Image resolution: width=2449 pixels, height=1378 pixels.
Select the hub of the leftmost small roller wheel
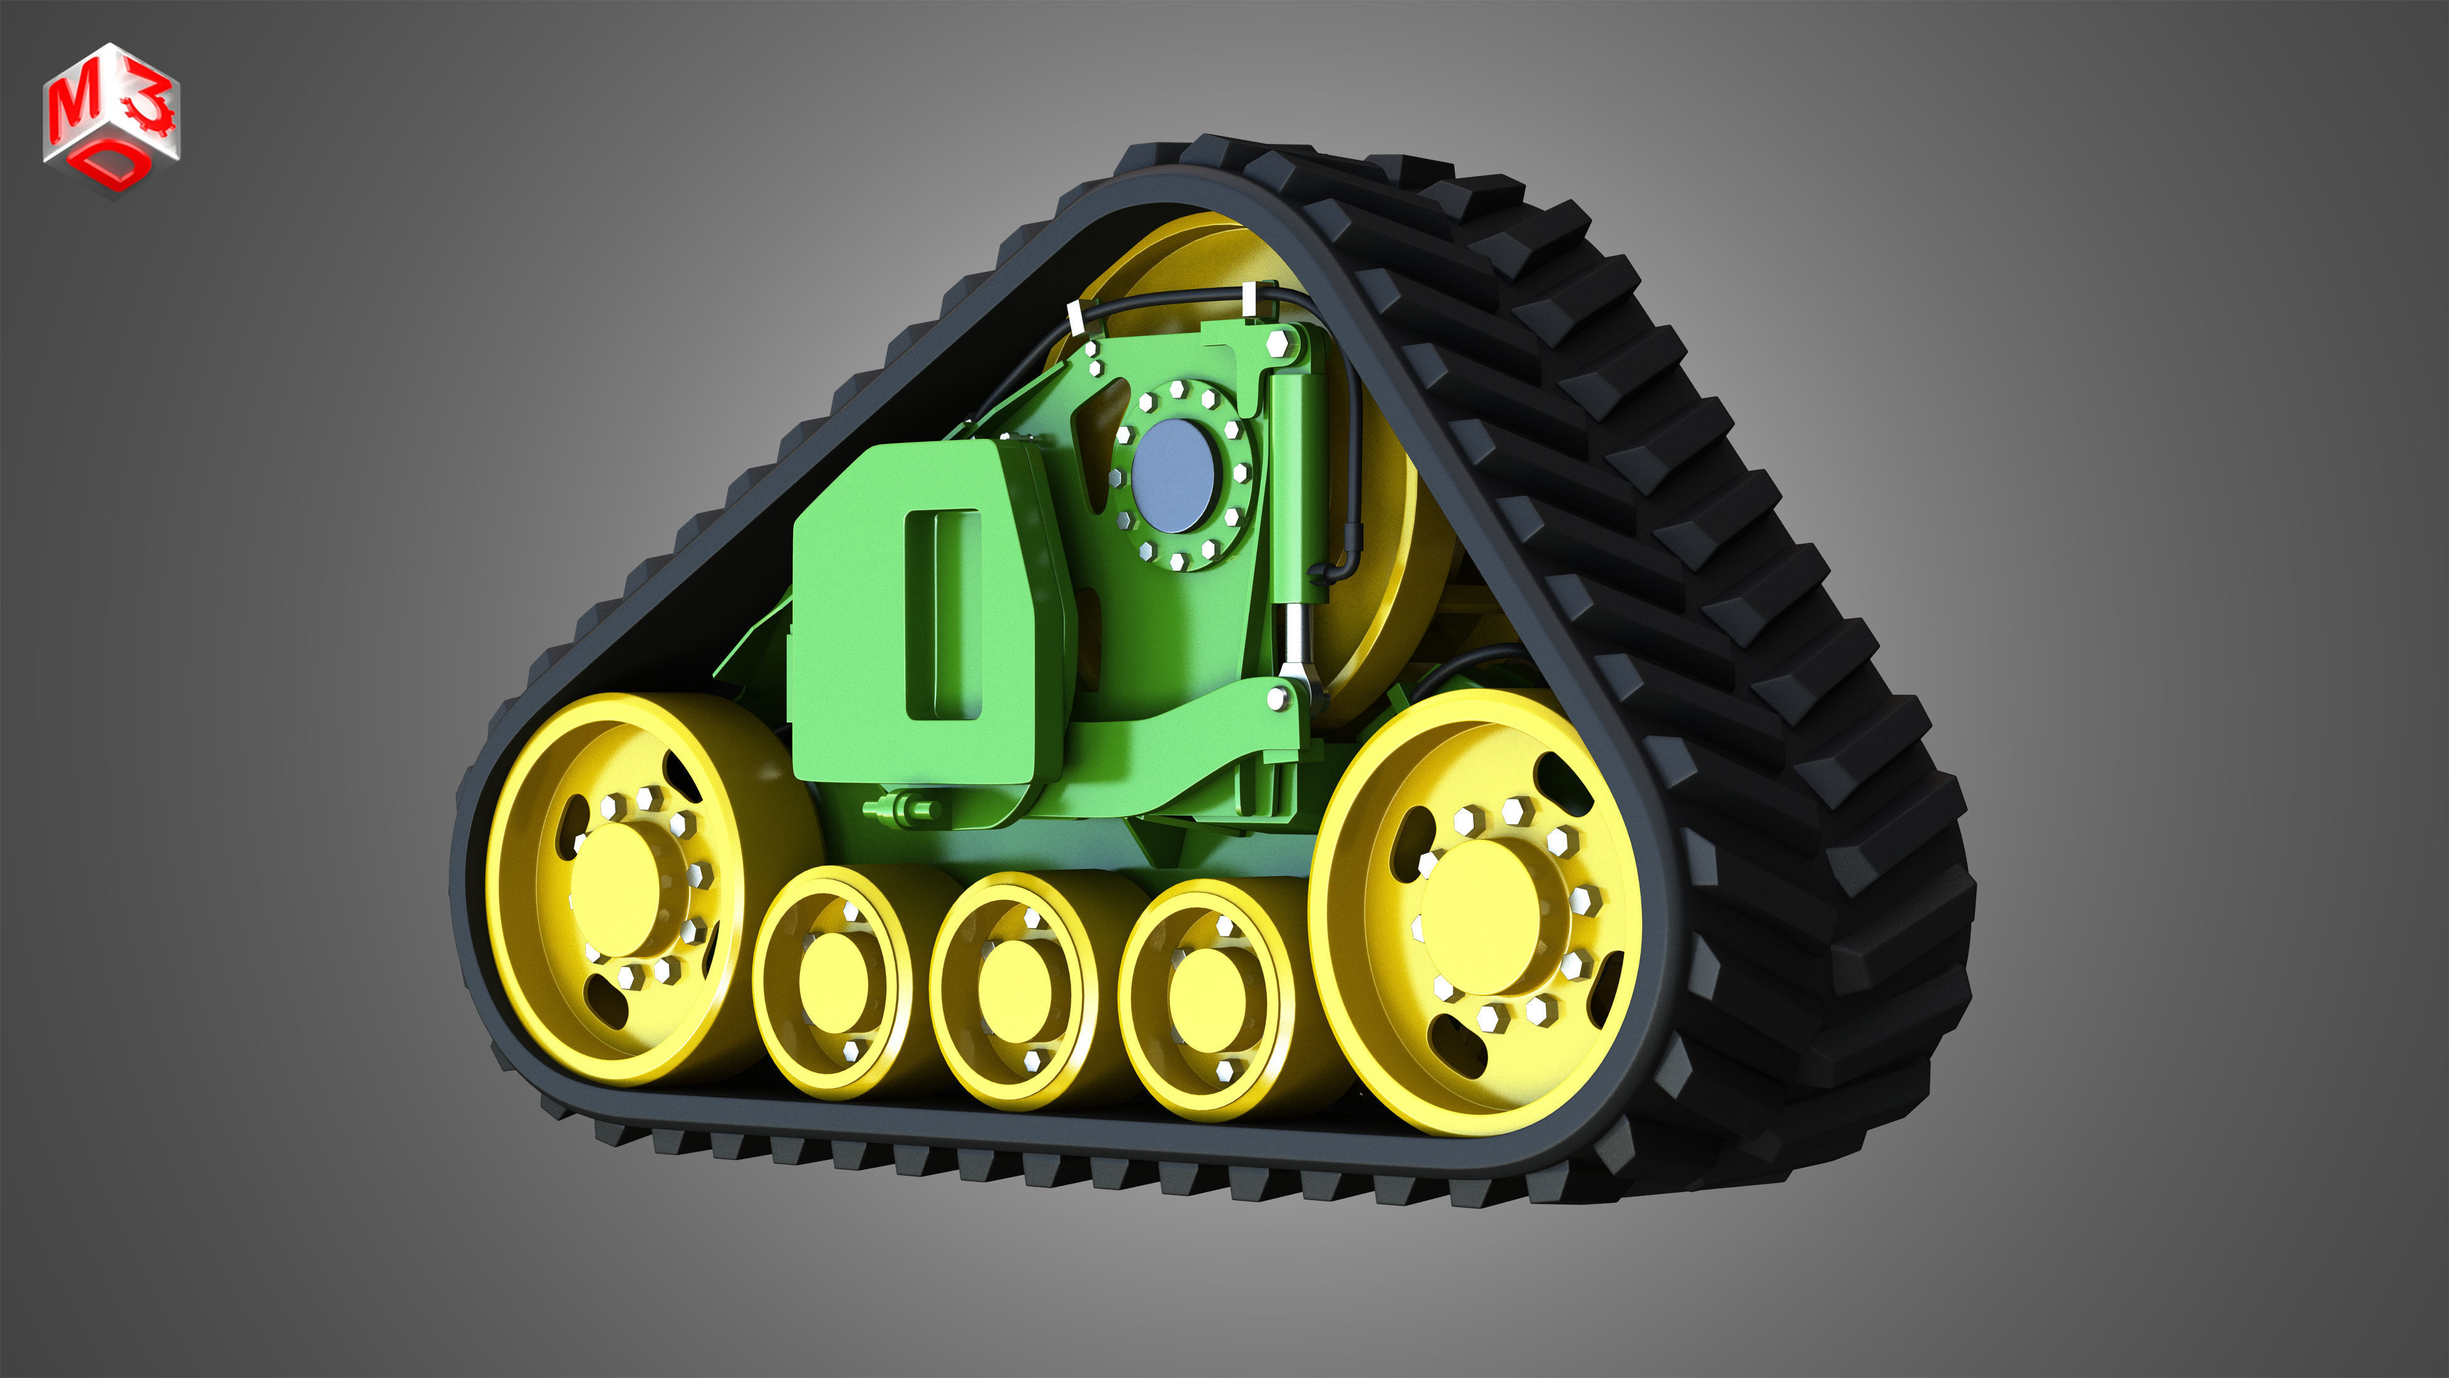[834, 982]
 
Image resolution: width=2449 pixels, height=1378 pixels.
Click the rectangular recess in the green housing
[941, 613]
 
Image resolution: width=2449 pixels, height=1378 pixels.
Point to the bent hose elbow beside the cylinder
[1326, 571]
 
